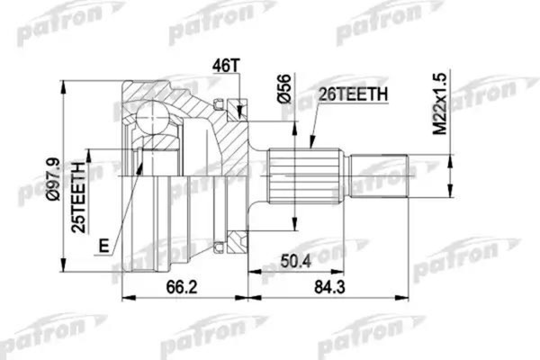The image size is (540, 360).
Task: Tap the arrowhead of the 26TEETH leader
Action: coord(310,146)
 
